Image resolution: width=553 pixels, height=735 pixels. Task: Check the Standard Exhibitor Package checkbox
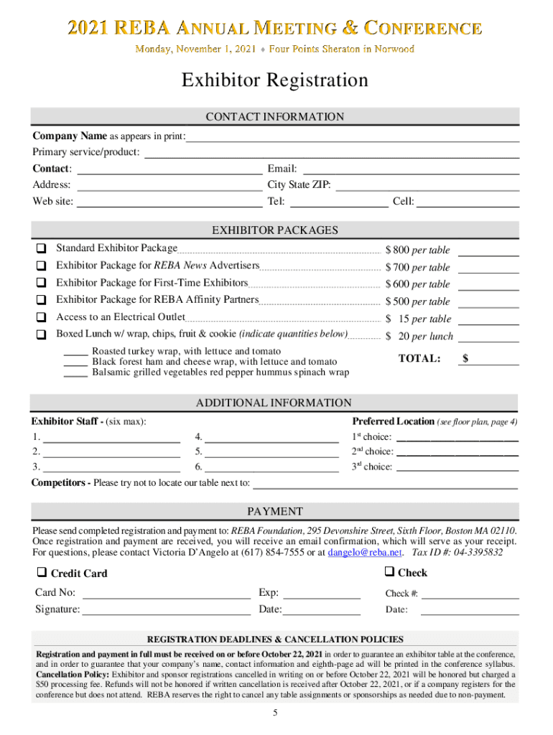point(41,248)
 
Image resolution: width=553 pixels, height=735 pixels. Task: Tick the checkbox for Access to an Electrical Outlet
point(41,317)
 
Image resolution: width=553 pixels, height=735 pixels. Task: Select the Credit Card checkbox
point(42,573)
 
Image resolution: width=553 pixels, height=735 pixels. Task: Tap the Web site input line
point(169,202)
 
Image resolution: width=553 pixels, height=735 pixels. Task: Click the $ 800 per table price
point(417,250)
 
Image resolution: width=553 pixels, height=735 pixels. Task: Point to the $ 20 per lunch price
point(419,336)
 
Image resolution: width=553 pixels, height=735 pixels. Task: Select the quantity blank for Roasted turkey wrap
point(75,352)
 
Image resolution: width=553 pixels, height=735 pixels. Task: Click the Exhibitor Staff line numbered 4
point(271,437)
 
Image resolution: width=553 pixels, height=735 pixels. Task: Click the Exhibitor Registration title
point(275,80)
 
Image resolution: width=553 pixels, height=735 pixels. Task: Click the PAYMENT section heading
point(275,512)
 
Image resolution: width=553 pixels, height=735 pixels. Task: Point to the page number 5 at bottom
point(275,712)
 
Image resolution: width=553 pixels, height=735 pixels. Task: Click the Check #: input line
point(470,594)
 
